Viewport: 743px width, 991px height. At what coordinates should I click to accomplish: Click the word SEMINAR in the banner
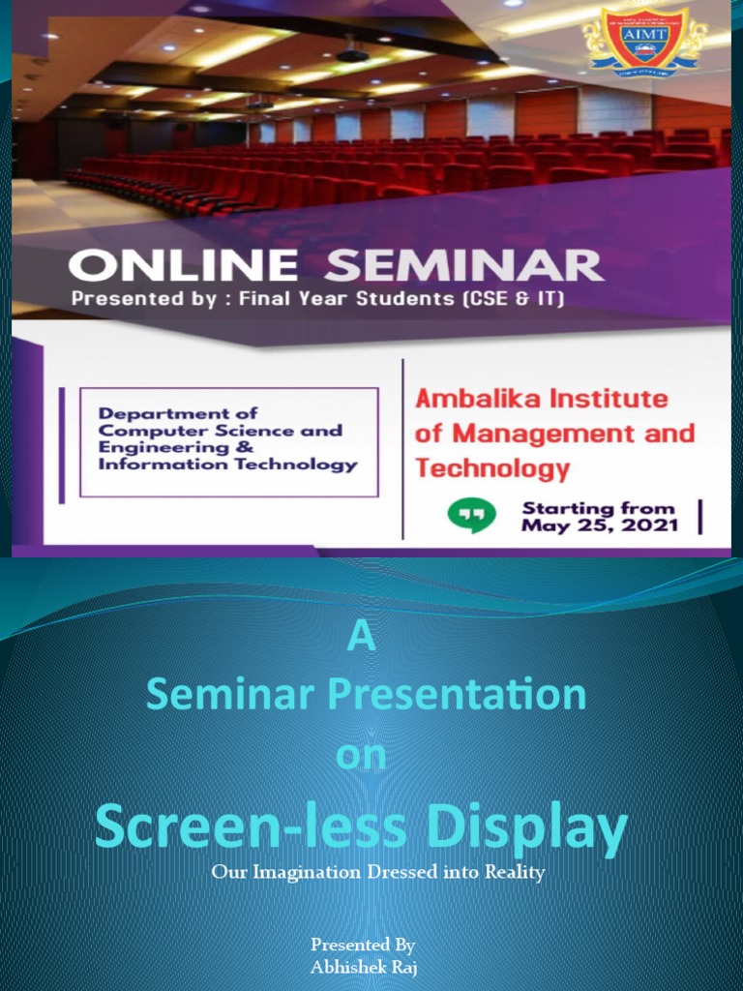[464, 265]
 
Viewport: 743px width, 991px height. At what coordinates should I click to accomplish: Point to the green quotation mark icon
[471, 516]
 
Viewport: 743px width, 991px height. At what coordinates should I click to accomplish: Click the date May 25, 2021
[598, 526]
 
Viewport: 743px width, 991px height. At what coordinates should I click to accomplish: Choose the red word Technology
[491, 469]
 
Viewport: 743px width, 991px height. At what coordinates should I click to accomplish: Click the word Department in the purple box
[150, 414]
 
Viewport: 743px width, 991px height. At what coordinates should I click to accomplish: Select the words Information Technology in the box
[228, 465]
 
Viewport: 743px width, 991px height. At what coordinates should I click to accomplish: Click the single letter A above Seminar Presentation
[361, 638]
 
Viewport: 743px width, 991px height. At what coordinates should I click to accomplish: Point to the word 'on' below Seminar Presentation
[361, 756]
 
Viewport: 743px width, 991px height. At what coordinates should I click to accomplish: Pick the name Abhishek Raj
[363, 966]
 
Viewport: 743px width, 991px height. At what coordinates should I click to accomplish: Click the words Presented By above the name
[363, 945]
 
